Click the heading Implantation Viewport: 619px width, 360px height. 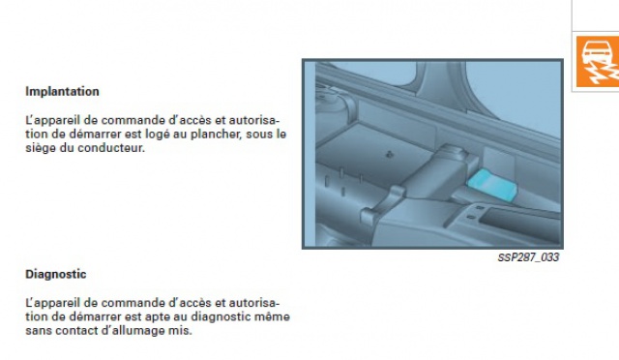coord(62,91)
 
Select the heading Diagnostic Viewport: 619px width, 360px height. coord(56,274)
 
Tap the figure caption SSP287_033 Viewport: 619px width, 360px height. coord(528,257)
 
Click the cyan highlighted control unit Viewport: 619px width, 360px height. coord(492,184)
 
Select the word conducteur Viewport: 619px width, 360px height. coord(111,148)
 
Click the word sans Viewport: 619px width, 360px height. coord(39,331)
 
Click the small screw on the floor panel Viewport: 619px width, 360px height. coord(389,154)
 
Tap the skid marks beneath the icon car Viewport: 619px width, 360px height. coord(603,74)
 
